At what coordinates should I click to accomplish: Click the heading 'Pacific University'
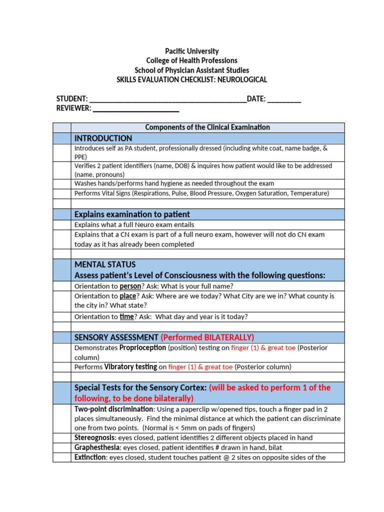point(191,51)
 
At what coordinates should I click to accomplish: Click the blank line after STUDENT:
point(167,99)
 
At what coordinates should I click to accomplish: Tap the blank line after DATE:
point(284,99)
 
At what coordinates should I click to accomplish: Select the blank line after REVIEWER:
point(136,108)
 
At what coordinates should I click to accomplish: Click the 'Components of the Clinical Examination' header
point(207,127)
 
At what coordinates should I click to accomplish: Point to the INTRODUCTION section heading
point(103,138)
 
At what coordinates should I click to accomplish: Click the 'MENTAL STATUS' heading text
point(105,264)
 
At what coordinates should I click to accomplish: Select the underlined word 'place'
point(128,296)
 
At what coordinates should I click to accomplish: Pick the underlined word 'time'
point(127,316)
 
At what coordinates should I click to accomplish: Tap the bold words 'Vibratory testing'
point(130,367)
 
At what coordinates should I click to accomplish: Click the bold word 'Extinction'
point(90,457)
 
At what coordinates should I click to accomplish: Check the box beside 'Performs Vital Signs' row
point(62,193)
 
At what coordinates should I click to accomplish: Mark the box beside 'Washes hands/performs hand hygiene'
point(62,183)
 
